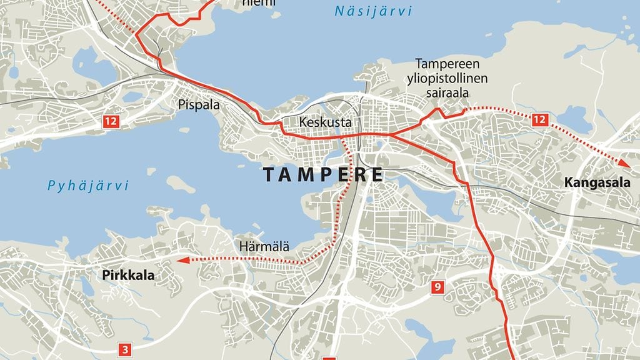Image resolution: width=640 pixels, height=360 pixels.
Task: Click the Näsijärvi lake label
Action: tap(373, 11)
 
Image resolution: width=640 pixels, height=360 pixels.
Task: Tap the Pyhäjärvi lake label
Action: tap(88, 186)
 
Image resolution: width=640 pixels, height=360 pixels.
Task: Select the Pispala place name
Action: tap(199, 105)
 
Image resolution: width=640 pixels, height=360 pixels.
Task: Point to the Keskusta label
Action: tap(325, 122)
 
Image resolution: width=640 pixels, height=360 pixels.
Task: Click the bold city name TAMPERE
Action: tap(322, 174)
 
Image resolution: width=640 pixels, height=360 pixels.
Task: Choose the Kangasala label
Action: tap(593, 183)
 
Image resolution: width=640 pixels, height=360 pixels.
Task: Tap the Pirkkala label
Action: tap(127, 274)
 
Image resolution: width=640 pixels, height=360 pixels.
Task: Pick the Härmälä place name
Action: tap(264, 247)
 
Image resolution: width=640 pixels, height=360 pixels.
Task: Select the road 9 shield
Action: tap(437, 287)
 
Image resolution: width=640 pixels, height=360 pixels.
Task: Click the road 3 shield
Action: tap(126, 349)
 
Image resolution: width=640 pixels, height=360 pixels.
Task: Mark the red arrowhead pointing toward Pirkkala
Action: tap(180, 261)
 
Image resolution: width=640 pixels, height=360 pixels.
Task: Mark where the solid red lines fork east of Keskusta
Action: tap(389, 134)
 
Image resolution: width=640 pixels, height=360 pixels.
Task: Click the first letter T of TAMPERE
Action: tap(269, 174)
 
